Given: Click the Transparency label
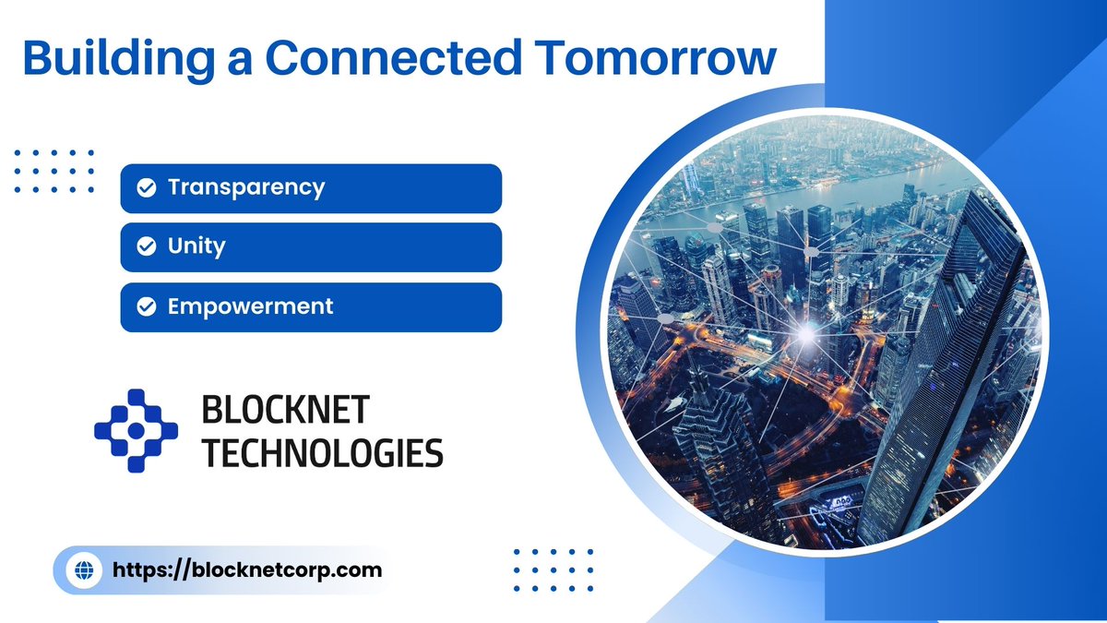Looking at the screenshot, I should pyautogui.click(x=245, y=188).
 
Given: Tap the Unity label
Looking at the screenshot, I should pyautogui.click(x=196, y=247).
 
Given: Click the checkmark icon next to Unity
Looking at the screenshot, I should pyautogui.click(x=146, y=247).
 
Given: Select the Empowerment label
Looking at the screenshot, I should pyautogui.click(x=250, y=306).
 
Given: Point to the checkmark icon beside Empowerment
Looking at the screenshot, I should pyautogui.click(x=146, y=307).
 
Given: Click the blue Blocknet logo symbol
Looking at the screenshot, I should pyautogui.click(x=136, y=430).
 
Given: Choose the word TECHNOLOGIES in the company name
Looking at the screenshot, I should pyautogui.click(x=322, y=453).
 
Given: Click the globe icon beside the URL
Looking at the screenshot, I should pyautogui.click(x=85, y=570).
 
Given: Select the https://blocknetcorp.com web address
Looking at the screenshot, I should pyautogui.click(x=246, y=570).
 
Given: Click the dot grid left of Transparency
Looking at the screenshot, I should pyautogui.click(x=55, y=171).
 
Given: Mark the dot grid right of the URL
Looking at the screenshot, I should pyautogui.click(x=553, y=570).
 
